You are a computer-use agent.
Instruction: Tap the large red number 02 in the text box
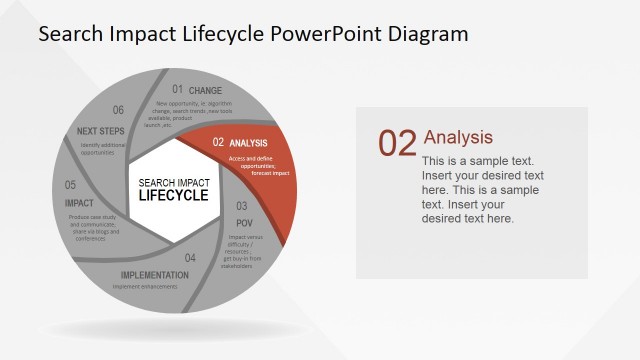(397, 144)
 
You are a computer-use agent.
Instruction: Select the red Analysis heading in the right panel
(458, 137)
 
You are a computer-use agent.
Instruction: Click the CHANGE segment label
(205, 91)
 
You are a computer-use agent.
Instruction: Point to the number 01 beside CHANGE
(177, 90)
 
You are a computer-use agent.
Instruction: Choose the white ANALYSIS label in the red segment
(248, 143)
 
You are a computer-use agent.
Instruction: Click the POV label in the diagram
(244, 222)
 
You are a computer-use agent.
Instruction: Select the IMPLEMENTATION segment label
(154, 275)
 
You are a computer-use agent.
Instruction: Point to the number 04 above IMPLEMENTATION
(190, 258)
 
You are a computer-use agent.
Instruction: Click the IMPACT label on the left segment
(78, 203)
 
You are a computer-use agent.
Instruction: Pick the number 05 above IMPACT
(71, 186)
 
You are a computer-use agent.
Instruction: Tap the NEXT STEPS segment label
(100, 131)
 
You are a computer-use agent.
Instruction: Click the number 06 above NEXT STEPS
(118, 111)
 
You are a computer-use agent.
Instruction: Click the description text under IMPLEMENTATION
(145, 287)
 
